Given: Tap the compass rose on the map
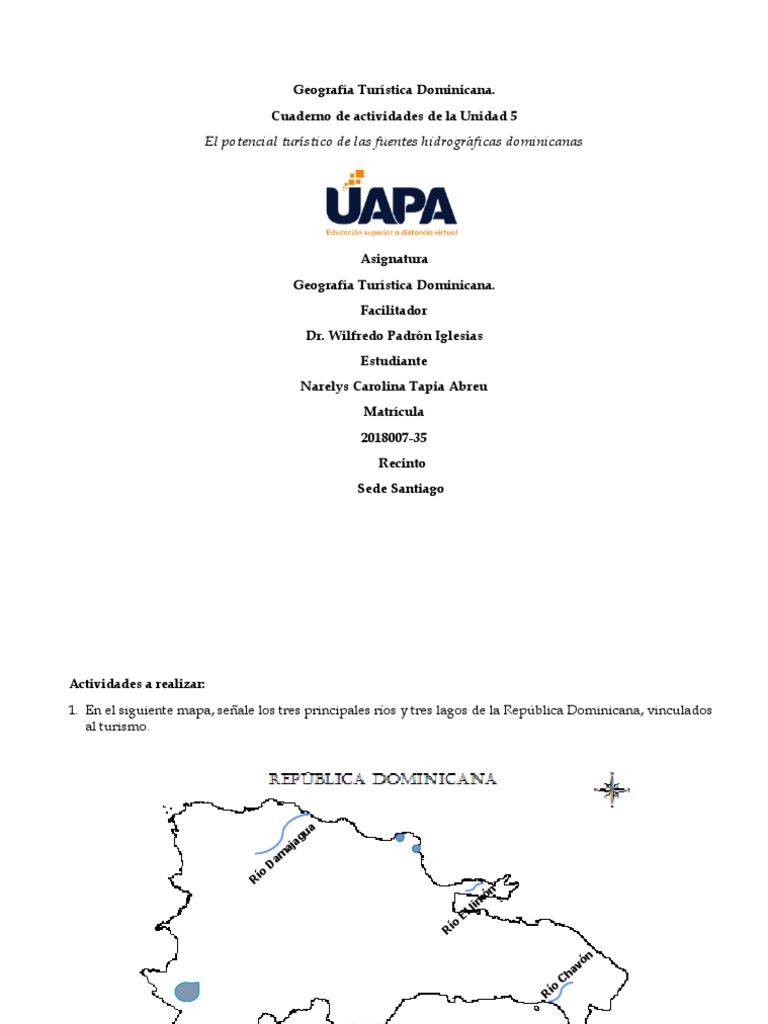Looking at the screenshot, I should pyautogui.click(x=612, y=789).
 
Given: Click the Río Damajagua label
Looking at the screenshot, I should pyautogui.click(x=282, y=853).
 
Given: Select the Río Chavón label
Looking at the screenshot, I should pyautogui.click(x=568, y=973).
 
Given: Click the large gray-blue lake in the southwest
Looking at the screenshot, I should pyautogui.click(x=187, y=991).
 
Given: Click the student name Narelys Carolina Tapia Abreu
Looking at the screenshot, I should pyautogui.click(x=393, y=386).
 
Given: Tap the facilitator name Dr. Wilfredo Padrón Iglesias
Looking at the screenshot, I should pyautogui.click(x=393, y=335).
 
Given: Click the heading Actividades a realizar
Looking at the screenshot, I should pyautogui.click(x=136, y=684).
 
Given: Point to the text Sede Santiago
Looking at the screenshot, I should pyautogui.click(x=400, y=488).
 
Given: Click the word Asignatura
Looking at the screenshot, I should pyautogui.click(x=393, y=259).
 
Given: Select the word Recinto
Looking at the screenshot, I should pyautogui.click(x=401, y=463).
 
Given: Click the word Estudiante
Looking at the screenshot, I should pyautogui.click(x=393, y=360).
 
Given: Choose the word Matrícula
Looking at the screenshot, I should pyautogui.click(x=393, y=411).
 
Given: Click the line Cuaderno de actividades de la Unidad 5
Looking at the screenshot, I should pyautogui.click(x=393, y=116).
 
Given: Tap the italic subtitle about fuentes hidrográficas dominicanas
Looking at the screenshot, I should pyautogui.click(x=393, y=142).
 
